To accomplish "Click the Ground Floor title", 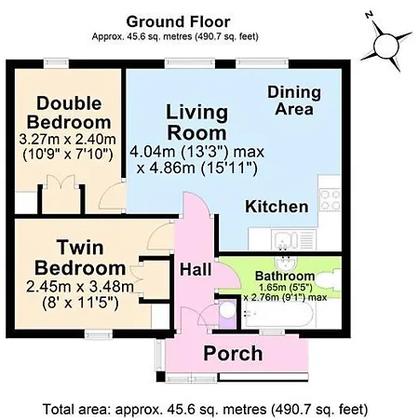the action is click(178, 22).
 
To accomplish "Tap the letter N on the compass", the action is click(369, 15).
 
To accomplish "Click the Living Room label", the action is click(197, 123).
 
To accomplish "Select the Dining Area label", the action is click(294, 101).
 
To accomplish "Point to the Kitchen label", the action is click(277, 207).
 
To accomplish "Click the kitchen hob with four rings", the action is click(331, 200).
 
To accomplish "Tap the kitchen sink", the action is click(293, 239).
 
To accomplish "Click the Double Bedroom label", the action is click(69, 113).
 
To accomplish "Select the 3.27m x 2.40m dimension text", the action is click(67, 140).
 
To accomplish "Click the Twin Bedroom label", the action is click(80, 258).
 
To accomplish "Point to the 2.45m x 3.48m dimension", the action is click(80, 287).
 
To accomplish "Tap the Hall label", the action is click(196, 269).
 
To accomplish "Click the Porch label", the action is click(233, 354).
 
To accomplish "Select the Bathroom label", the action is click(285, 276).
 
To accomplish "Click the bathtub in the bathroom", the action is click(278, 314).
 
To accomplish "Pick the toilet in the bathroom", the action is click(330, 279).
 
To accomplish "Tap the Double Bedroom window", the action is click(56, 63).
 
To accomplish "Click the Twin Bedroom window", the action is click(99, 334).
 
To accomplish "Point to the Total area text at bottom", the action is click(205, 409).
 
